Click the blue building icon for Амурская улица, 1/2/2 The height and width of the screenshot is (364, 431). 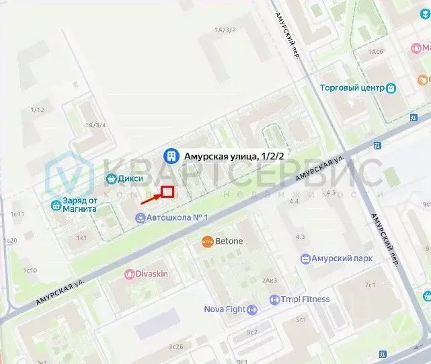(172, 156)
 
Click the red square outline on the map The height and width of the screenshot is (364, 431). (167, 192)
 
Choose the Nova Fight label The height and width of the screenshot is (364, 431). (225, 310)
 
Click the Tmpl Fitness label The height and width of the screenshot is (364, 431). (305, 299)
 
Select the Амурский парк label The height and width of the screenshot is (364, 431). (346, 258)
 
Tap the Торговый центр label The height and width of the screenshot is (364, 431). (352, 87)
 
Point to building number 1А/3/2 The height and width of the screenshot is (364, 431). (225, 30)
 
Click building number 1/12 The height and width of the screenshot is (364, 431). (37, 110)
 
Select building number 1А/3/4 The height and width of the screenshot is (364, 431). (95, 124)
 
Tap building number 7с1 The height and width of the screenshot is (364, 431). (370, 285)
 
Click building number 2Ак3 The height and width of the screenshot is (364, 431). (270, 280)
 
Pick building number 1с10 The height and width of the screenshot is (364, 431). (30, 270)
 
